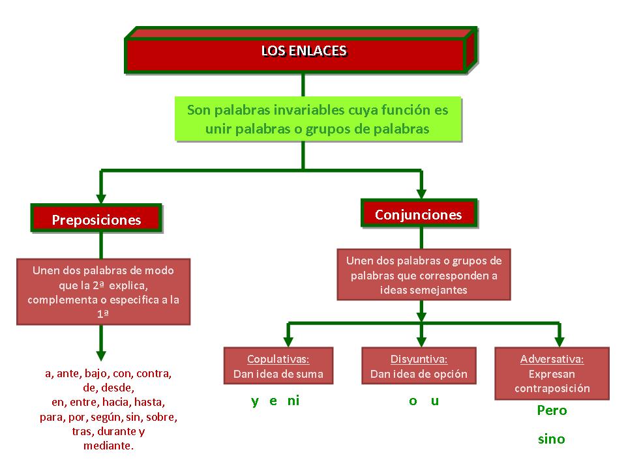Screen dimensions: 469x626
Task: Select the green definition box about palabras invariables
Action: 318,119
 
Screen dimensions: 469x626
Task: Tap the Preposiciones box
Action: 97,220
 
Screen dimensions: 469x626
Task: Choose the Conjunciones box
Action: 419,214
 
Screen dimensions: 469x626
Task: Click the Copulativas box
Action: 278,366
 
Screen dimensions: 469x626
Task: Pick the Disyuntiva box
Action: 419,366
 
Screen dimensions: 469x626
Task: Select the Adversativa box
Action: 552,373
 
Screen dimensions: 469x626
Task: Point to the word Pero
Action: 552,410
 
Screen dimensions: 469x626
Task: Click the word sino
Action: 552,439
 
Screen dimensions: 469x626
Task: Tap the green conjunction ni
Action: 293,401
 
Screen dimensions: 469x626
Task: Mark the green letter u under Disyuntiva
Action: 435,401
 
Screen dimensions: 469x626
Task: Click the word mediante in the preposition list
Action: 108,446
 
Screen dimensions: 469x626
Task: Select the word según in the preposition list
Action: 113,417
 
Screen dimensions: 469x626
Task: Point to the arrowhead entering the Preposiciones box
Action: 100,197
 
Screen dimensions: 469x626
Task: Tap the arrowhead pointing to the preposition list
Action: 100,355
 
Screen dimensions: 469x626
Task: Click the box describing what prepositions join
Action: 104,292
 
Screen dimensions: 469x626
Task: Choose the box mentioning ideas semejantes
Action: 424,274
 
